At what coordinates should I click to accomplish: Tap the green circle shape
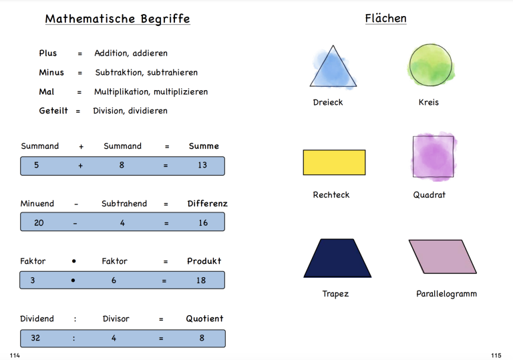point(431,65)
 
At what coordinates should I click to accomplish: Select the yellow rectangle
point(334,162)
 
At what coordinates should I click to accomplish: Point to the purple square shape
point(433,157)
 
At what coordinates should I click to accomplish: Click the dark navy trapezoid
point(337,258)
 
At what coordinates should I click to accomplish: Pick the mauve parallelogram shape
point(443,256)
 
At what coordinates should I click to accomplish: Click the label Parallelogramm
point(446,294)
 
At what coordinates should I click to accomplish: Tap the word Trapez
point(335,294)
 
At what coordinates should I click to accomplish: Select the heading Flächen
point(385,18)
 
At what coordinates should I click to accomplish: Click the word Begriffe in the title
point(165,19)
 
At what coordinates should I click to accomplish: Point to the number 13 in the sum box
point(202,165)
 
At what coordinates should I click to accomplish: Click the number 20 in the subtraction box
point(39,223)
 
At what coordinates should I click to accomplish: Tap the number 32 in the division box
point(35,338)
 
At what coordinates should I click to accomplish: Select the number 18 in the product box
point(201,281)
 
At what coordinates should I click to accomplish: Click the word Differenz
point(208,204)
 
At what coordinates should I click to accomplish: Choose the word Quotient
point(204,319)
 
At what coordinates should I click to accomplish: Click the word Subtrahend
point(124,204)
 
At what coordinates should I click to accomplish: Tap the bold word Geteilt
point(53,111)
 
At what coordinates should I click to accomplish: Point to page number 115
point(496,355)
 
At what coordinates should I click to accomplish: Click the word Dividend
point(37,319)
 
